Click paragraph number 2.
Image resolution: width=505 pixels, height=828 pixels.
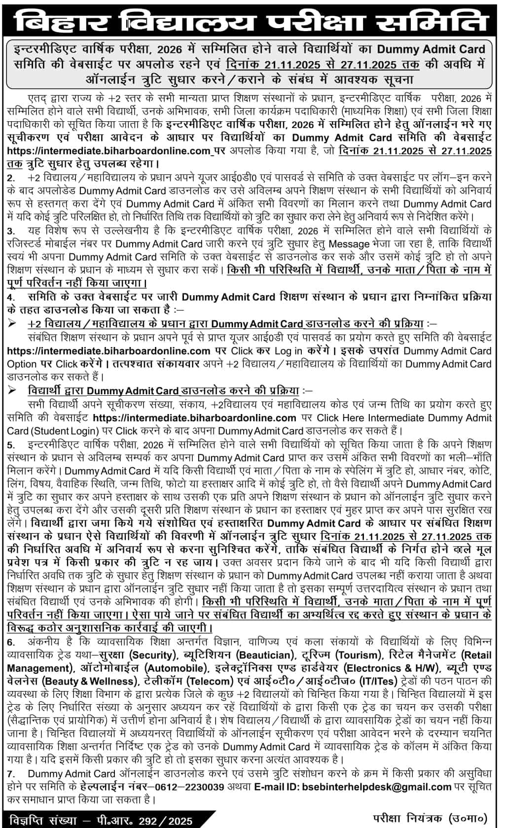[x=11, y=177]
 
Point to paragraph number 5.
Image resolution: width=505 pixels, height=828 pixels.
[x=11, y=445]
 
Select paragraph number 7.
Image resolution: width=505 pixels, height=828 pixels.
[x=11, y=774]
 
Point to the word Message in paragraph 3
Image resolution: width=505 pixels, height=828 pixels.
[x=349, y=243]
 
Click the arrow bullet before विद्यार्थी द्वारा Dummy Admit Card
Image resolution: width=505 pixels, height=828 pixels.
[x=13, y=391]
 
